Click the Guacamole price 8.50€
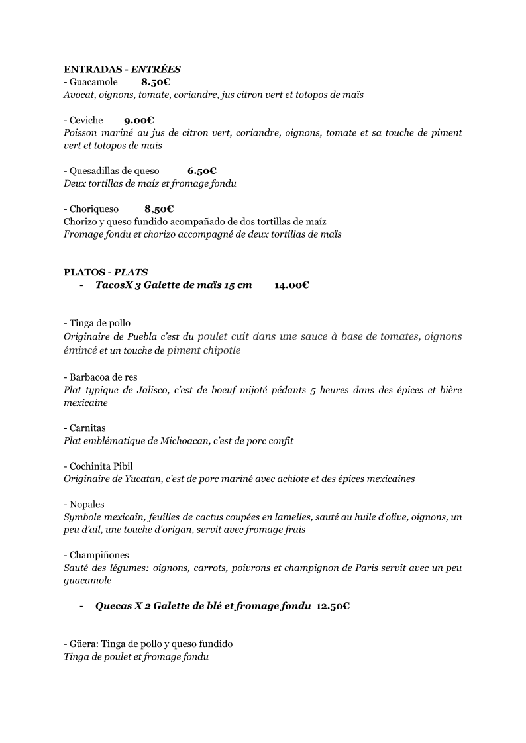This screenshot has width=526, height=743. pyautogui.click(x=156, y=82)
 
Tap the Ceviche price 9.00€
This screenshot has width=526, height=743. pyautogui.click(x=139, y=120)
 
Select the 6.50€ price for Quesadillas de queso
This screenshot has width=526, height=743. pyautogui.click(x=202, y=170)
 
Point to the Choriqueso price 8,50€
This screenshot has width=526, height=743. pyautogui.click(x=159, y=209)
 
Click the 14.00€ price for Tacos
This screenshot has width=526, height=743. pyautogui.click(x=291, y=285)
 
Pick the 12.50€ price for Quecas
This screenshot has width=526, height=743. pyautogui.click(x=333, y=605)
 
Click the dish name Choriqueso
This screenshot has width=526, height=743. pyautogui.click(x=94, y=209)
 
